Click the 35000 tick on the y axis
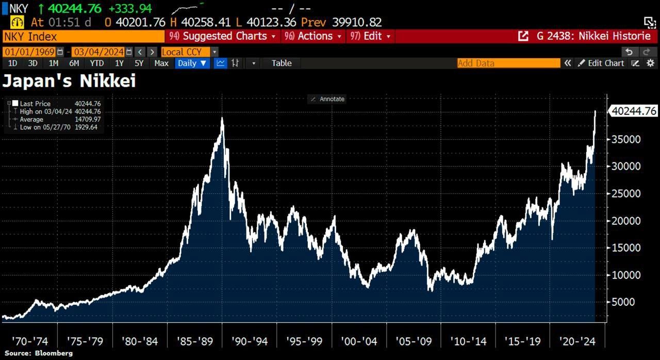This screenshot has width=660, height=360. pos(625,139)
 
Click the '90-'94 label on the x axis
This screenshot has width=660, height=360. pos(250,341)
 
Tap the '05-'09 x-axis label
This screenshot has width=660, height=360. pos(414,341)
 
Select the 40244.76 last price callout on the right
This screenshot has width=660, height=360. pos(634,111)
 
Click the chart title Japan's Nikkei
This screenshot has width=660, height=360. pos(69,81)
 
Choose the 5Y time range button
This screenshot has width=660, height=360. pos(139,63)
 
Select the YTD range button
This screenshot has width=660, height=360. pos(96,63)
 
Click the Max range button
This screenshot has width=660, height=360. pos(161,63)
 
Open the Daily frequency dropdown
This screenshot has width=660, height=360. pos(192,63)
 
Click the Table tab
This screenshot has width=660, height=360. pos(282,63)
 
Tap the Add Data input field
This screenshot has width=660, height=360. pos(508,63)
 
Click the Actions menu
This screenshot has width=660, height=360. pos(313,36)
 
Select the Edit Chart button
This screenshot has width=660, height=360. pos(601,63)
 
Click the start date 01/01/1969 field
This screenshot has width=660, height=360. pos(30,52)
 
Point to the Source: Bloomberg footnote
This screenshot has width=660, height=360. pos(39,353)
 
